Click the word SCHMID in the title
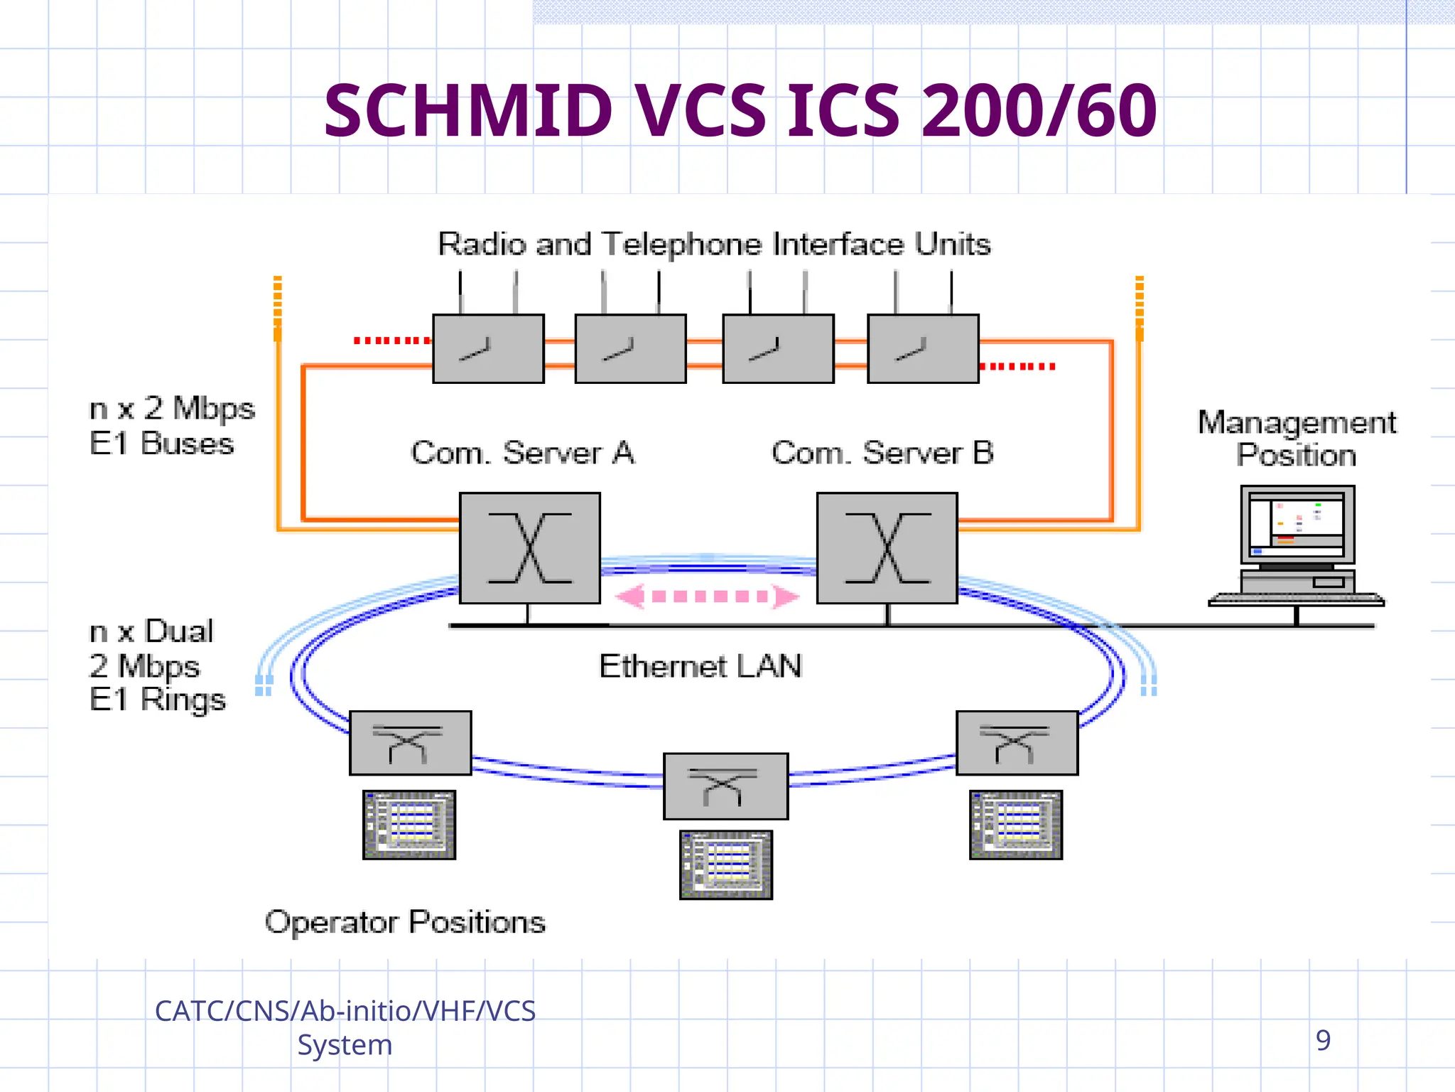click(x=467, y=112)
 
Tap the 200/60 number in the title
click(x=1039, y=112)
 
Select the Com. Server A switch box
click(x=530, y=548)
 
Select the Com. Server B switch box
click(x=887, y=548)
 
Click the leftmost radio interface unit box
click(x=489, y=349)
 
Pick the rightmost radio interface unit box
click(x=923, y=349)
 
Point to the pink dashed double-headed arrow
click(x=707, y=596)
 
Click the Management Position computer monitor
click(x=1297, y=525)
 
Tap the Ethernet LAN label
click(x=701, y=667)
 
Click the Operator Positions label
click(x=405, y=922)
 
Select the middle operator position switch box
click(x=725, y=786)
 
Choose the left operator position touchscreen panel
click(x=409, y=825)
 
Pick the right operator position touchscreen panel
click(x=1016, y=825)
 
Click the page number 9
click(x=1323, y=1040)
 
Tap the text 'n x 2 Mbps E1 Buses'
click(x=171, y=426)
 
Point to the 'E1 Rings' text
click(x=158, y=700)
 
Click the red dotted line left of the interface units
click(x=392, y=341)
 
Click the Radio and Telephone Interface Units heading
click(x=714, y=245)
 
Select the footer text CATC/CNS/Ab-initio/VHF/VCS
click(x=345, y=1011)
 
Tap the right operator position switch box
click(x=1017, y=743)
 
